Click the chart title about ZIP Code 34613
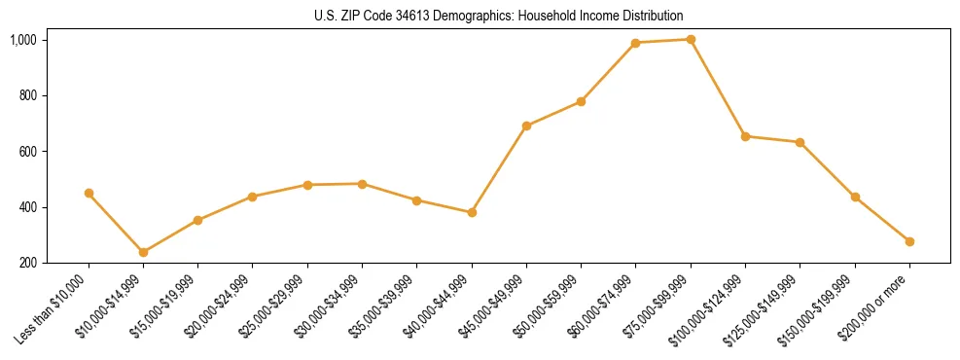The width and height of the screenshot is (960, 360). (499, 16)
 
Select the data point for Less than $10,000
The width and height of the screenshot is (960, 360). (89, 193)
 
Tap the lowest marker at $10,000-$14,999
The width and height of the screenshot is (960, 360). (143, 252)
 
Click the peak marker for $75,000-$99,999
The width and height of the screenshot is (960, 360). (691, 40)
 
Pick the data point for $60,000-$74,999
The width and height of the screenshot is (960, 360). (635, 43)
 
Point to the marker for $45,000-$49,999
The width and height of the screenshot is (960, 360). (526, 126)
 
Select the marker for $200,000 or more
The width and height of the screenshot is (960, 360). (909, 241)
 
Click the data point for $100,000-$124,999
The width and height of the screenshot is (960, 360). (745, 136)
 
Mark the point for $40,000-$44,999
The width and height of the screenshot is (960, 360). (472, 212)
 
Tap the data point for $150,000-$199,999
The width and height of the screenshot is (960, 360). (855, 197)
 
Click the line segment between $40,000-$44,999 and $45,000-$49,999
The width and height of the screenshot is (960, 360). (499, 169)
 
